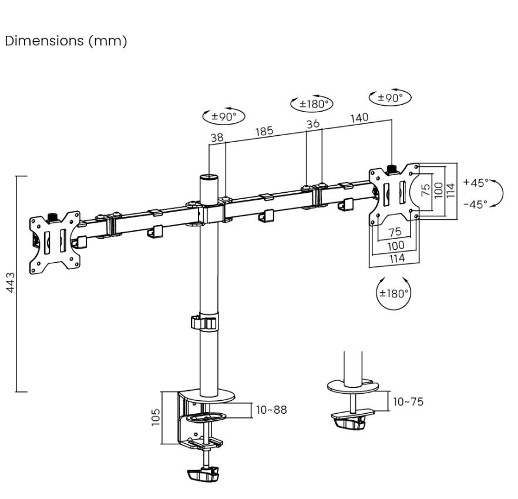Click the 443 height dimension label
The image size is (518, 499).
point(11,282)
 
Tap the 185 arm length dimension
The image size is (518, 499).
point(264,131)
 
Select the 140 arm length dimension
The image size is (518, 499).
point(359,118)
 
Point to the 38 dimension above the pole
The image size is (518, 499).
point(217,137)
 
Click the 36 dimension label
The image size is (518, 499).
point(313,123)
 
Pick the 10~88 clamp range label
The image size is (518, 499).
point(271,410)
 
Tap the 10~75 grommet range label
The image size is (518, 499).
point(408,401)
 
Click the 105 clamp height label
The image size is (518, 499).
point(155,417)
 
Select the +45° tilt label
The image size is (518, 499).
point(476,183)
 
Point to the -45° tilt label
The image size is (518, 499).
point(476,204)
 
